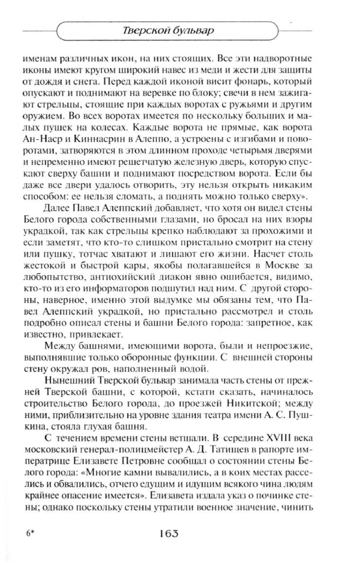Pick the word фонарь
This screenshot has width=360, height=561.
pos(255,81)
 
